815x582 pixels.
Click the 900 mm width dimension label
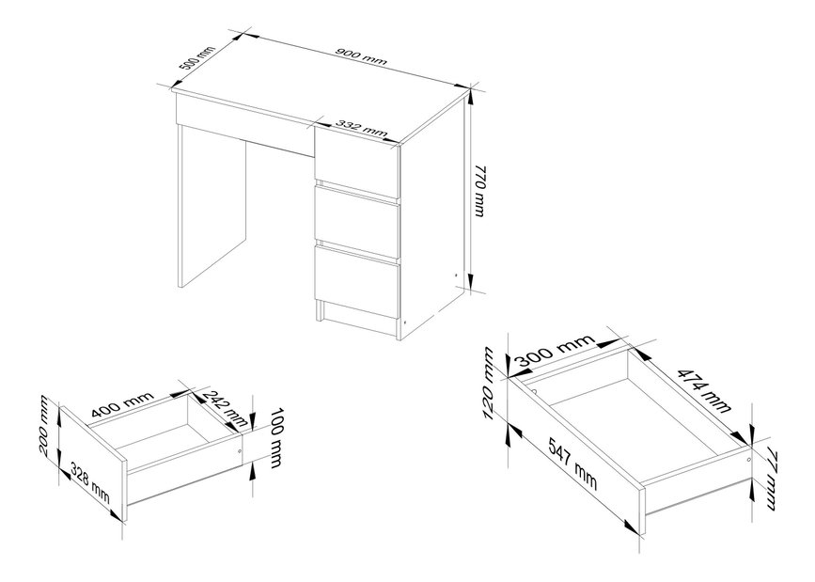[361, 56]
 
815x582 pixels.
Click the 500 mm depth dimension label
[196, 58]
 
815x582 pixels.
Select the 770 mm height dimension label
[479, 191]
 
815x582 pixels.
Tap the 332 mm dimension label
[361, 129]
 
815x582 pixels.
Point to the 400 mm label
[122, 405]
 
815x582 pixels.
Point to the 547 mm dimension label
[572, 464]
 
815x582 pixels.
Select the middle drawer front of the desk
[356, 221]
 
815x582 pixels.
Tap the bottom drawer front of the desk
[356, 281]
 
